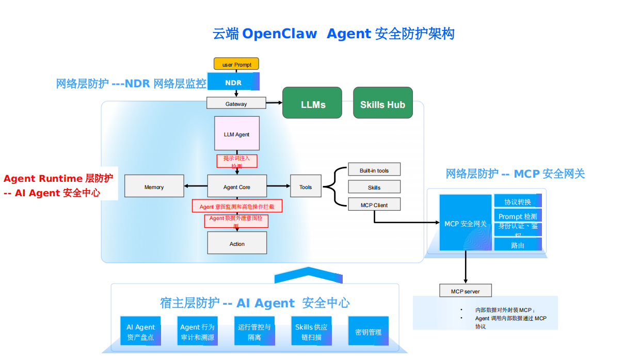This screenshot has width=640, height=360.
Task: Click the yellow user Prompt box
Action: (236, 64)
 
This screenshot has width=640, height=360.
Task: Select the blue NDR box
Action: (233, 82)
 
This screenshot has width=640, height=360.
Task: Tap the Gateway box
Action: (236, 103)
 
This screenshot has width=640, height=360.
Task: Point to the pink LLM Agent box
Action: (237, 134)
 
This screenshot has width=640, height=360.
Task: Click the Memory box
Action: (154, 186)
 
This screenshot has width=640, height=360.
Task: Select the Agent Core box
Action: (237, 186)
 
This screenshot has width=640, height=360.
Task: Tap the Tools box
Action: (306, 186)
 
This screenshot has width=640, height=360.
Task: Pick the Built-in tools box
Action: (374, 170)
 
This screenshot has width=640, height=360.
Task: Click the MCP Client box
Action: (374, 205)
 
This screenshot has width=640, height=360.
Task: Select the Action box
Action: (237, 243)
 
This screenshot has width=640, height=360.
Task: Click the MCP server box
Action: (465, 291)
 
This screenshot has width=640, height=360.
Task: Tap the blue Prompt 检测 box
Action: (518, 216)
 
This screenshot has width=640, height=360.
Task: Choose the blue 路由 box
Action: (518, 245)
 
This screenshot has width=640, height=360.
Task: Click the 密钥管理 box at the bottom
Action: (368, 332)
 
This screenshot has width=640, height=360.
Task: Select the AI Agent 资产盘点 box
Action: (140, 332)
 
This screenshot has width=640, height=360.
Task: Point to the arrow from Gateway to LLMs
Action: (274, 103)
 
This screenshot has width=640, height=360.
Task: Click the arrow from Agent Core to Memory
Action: (196, 186)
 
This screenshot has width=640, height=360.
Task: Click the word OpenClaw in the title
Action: (279, 34)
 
